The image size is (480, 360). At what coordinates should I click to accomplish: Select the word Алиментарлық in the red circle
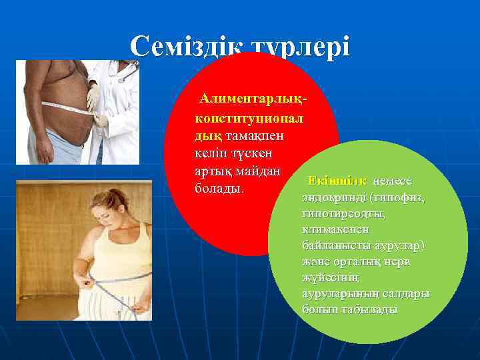(253, 99)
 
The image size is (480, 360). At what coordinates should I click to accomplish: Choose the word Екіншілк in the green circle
(337, 181)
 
